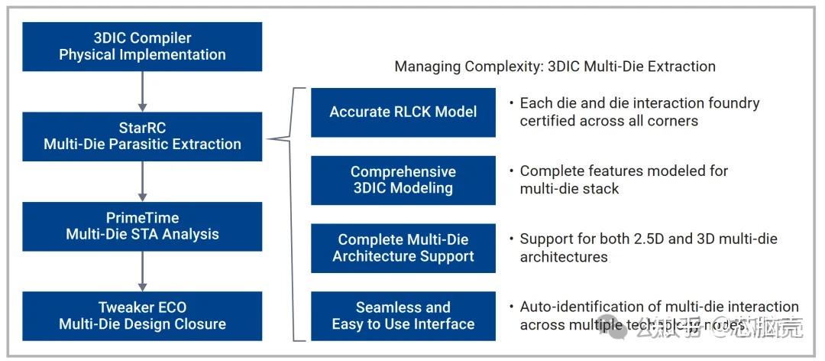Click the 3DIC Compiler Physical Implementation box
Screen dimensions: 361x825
(x=142, y=47)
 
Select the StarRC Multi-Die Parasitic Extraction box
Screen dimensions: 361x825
(x=142, y=136)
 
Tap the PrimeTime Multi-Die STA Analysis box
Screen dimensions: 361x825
(x=142, y=226)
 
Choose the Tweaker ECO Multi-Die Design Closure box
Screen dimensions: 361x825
(x=142, y=315)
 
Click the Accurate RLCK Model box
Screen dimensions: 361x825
(x=403, y=112)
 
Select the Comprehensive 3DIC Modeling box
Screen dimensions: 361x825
(x=403, y=180)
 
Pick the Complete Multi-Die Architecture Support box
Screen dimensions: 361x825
(x=403, y=248)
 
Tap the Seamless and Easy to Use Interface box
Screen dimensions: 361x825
(x=403, y=316)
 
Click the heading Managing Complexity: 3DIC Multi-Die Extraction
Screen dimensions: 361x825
(x=555, y=67)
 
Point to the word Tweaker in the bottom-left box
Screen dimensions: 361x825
(x=125, y=307)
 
